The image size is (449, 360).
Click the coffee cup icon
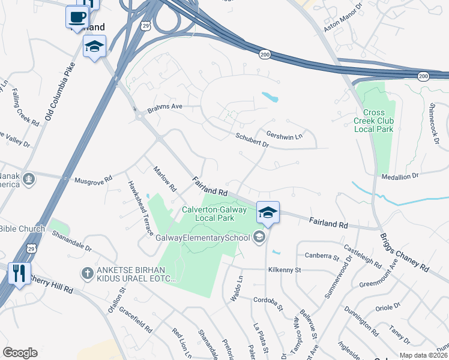[x=76, y=17]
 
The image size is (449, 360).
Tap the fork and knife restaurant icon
[x=19, y=274]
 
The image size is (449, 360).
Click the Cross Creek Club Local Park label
[x=378, y=121]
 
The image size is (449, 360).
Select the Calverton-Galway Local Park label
[x=214, y=213]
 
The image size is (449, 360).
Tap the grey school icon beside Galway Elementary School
[x=259, y=237]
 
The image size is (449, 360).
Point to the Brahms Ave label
[x=164, y=109]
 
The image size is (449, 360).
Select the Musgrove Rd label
[x=93, y=179]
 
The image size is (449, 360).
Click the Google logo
[x=20, y=353]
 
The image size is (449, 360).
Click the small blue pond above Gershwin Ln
[x=270, y=97]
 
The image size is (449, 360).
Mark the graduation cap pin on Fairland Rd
[x=268, y=212]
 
